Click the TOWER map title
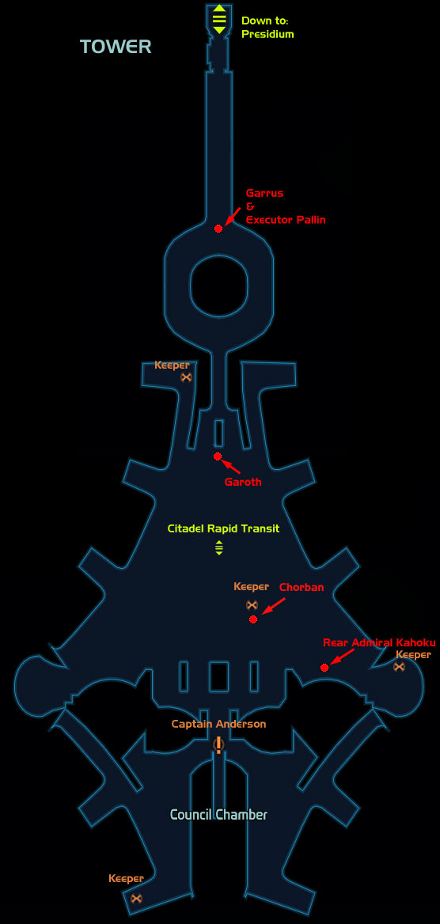tap(116, 47)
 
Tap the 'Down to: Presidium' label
tap(267, 28)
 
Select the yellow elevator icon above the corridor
tap(219, 19)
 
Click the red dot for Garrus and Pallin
tap(218, 228)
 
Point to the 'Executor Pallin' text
tap(286, 220)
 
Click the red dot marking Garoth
tap(218, 456)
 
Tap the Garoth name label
tap(242, 482)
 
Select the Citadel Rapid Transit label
tap(223, 528)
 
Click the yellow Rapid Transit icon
tap(219, 547)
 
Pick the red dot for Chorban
tap(253, 619)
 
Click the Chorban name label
tap(302, 588)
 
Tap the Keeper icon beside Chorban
tap(252, 604)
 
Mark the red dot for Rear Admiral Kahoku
tap(324, 668)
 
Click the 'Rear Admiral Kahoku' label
tap(378, 642)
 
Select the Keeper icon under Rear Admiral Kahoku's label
tap(400, 666)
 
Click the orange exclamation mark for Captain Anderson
tap(219, 745)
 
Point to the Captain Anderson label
tap(219, 724)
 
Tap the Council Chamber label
tap(219, 815)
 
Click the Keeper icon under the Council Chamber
tap(136, 898)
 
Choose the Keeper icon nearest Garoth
tap(187, 377)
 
